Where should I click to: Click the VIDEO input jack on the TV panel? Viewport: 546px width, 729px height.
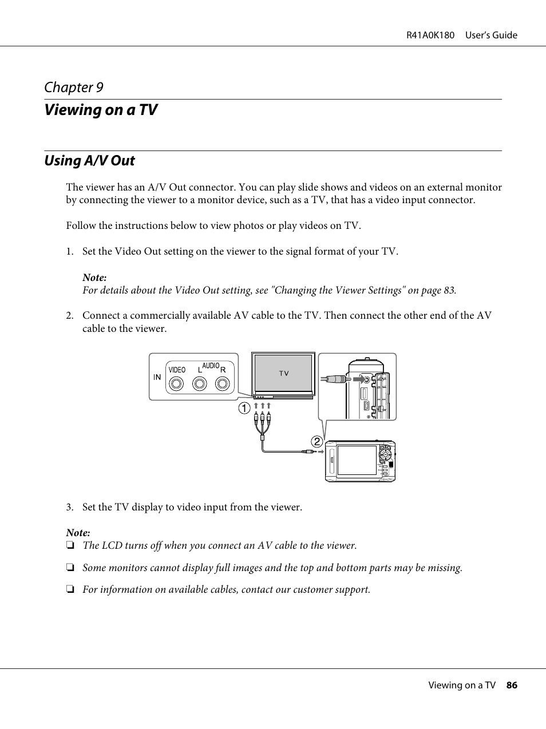177,383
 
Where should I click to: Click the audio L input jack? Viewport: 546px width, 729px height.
200,383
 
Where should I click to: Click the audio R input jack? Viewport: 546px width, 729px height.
222,383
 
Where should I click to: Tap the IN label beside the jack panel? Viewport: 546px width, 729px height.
157,377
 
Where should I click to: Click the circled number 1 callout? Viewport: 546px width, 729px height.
244,409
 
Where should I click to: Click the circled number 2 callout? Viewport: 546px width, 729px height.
316,441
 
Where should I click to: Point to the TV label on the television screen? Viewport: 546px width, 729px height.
284,374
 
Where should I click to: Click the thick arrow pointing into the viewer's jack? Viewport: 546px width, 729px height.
359,378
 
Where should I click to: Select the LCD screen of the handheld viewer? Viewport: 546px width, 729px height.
357,460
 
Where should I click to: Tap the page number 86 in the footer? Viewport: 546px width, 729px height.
512,685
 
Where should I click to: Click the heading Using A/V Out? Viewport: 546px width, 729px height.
89,161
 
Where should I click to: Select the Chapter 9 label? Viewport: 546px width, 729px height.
74,88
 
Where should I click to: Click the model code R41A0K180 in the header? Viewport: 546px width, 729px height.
430,35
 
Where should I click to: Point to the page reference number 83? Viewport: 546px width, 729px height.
449,290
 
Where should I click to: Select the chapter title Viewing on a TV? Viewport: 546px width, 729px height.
101,110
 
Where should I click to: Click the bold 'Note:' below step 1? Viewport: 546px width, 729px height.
94,278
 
